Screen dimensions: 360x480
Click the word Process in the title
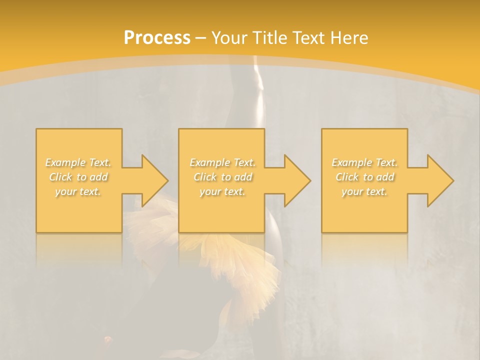point(157,38)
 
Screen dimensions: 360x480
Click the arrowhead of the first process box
point(152,180)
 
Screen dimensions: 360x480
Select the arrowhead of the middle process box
point(295,180)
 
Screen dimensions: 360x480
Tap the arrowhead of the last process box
point(438,180)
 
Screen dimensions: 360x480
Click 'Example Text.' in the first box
point(78,162)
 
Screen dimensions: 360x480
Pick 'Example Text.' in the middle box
point(222,162)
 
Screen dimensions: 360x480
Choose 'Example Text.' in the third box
point(364,162)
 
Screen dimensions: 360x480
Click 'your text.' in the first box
point(78,191)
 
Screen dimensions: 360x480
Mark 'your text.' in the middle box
point(222,191)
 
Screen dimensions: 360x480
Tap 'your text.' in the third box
point(364,191)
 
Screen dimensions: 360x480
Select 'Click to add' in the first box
point(78,177)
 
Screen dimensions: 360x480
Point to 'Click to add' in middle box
point(222,177)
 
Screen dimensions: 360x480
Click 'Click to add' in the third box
point(364,177)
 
